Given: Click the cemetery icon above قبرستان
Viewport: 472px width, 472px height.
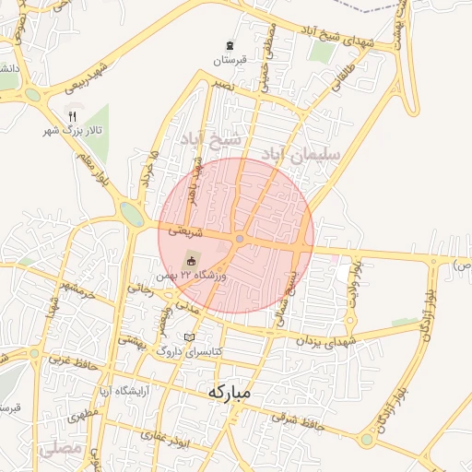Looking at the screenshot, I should pyautogui.click(x=230, y=44).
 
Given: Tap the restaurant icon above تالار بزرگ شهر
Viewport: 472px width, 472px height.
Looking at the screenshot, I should pyautogui.click(x=72, y=115).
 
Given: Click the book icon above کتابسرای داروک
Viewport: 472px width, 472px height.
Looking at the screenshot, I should pyautogui.click(x=190, y=337).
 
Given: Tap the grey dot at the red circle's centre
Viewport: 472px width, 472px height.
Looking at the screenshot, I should pyautogui.click(x=239, y=240).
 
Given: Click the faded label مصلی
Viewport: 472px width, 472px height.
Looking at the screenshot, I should pyautogui.click(x=62, y=450).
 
